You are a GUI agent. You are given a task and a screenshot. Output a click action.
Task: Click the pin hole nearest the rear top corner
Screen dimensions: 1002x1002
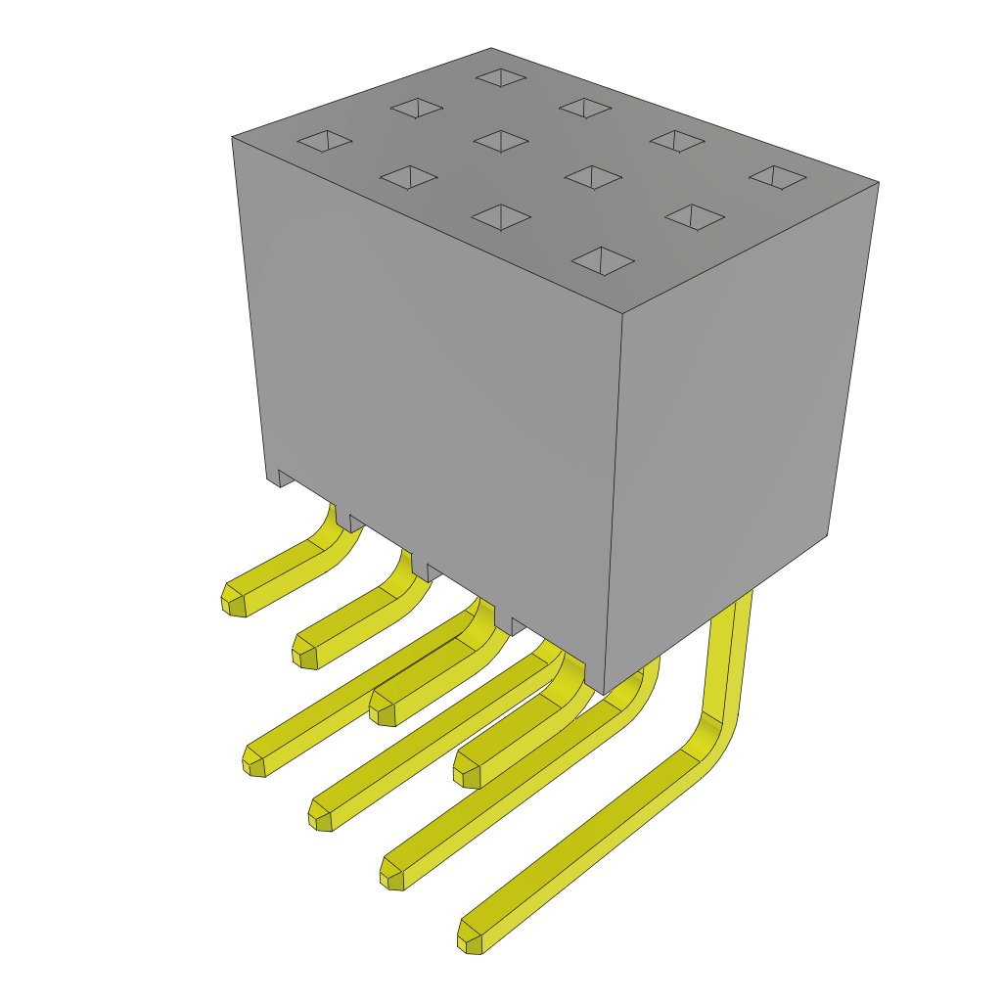501,77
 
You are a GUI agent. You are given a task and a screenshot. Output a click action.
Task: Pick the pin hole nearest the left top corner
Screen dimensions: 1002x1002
325,141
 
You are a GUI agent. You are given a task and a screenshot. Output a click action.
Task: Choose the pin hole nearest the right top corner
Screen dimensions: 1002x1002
777,177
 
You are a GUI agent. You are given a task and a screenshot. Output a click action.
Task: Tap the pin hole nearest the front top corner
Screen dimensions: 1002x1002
603,260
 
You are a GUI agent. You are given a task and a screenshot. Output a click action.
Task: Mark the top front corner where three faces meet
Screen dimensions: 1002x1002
622,313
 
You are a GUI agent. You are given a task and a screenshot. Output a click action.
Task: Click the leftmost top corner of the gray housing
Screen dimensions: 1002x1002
233,138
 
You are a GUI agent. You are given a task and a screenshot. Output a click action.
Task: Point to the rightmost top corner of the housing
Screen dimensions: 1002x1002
878,183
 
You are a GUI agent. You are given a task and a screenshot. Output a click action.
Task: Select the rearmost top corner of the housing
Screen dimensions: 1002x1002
491,49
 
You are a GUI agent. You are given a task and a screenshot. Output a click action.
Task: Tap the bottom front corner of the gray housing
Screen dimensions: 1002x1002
605,693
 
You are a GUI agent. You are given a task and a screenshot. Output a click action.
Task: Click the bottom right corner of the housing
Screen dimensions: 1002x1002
827,534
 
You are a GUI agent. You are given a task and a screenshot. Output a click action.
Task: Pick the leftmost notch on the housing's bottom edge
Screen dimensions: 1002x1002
286,478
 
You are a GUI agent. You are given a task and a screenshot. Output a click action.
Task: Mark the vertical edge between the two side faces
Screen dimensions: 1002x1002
614,499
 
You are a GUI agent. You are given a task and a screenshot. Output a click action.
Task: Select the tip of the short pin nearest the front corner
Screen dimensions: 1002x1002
467,774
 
